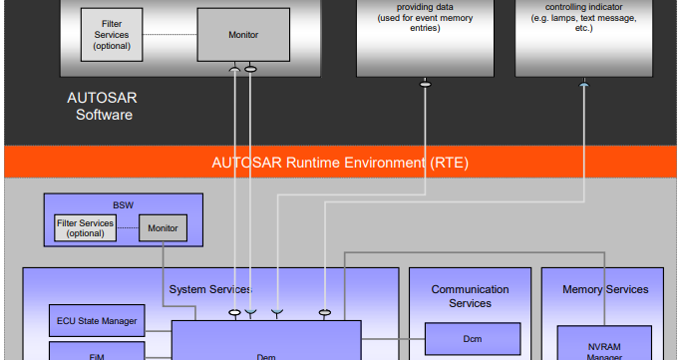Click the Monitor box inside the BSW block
[162, 228]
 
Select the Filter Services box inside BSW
[85, 228]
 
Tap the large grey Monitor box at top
[241, 35]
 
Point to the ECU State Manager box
[97, 320]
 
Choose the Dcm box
[472, 339]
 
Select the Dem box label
[265, 355]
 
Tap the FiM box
[97, 352]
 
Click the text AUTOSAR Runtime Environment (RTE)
[340, 163]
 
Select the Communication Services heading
[470, 296]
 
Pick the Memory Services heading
[605, 289]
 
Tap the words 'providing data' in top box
[426, 8]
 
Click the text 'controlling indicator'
[583, 8]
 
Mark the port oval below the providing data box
[426, 84]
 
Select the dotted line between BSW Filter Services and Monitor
[127, 228]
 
